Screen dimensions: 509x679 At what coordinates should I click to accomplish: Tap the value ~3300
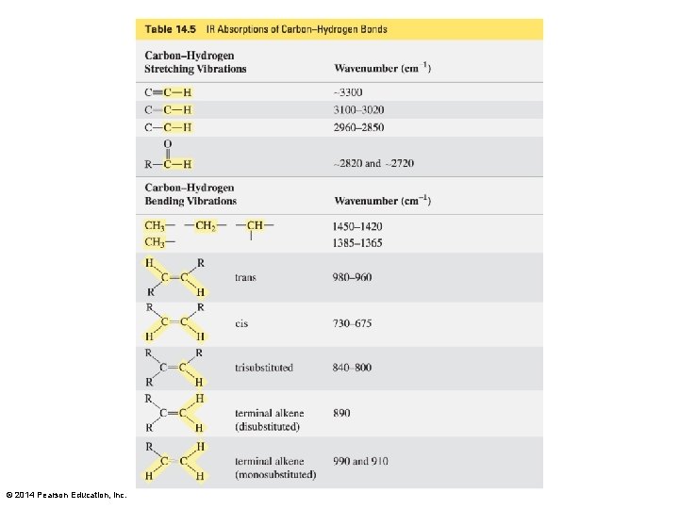346,92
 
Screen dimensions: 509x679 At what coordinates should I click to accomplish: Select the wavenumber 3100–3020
358,109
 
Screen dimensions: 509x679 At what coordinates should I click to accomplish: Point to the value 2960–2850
358,127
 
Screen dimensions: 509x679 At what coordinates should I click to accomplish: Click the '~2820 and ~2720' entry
373,163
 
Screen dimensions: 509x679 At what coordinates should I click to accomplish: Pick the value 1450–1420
357,226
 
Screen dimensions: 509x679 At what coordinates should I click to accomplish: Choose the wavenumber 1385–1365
357,242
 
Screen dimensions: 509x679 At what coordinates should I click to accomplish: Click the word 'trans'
245,277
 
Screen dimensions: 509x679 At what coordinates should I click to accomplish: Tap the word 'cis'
241,323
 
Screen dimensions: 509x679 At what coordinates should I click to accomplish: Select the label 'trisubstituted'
264,368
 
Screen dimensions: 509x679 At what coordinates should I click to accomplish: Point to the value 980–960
352,277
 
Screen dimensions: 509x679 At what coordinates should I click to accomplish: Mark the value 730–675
352,323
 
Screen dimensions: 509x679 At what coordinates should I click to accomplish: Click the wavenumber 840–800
352,368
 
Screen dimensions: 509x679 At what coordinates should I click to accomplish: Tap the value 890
341,413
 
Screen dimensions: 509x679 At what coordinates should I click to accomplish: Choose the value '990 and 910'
360,461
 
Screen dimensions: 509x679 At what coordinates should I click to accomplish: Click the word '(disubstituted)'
267,427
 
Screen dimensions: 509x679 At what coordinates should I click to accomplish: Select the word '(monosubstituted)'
275,475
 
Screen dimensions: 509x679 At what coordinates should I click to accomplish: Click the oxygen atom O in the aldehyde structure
168,143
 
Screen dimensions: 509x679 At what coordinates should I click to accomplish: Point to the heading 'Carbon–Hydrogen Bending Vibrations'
190,194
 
